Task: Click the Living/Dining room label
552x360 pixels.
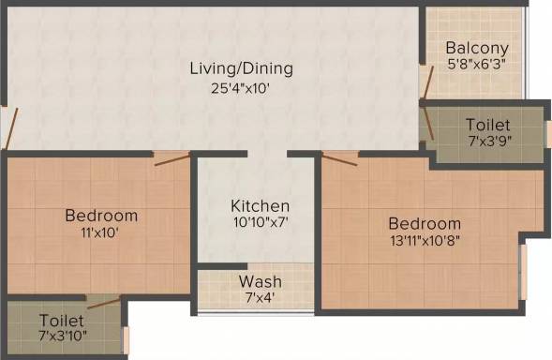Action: (x=241, y=68)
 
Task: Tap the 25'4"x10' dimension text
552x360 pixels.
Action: (x=241, y=88)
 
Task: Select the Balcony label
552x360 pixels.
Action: (x=477, y=48)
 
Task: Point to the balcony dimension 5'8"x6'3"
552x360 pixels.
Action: (x=477, y=65)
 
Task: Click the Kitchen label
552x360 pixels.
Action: (x=261, y=206)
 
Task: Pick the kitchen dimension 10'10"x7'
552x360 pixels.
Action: (x=261, y=222)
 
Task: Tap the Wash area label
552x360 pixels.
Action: (x=261, y=282)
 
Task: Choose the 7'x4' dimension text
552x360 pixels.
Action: (x=261, y=298)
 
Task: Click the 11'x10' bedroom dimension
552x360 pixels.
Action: (x=99, y=232)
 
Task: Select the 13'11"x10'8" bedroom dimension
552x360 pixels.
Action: (x=425, y=241)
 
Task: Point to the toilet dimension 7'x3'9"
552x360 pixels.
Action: (x=490, y=141)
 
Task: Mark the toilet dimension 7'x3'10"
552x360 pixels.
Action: (x=63, y=336)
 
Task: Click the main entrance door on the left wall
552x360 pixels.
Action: (x=10, y=128)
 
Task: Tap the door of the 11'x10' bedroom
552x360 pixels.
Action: (x=172, y=158)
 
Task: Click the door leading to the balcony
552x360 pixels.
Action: (x=426, y=82)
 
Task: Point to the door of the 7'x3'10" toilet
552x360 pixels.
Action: (x=104, y=302)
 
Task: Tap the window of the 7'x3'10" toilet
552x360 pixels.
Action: (x=126, y=340)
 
